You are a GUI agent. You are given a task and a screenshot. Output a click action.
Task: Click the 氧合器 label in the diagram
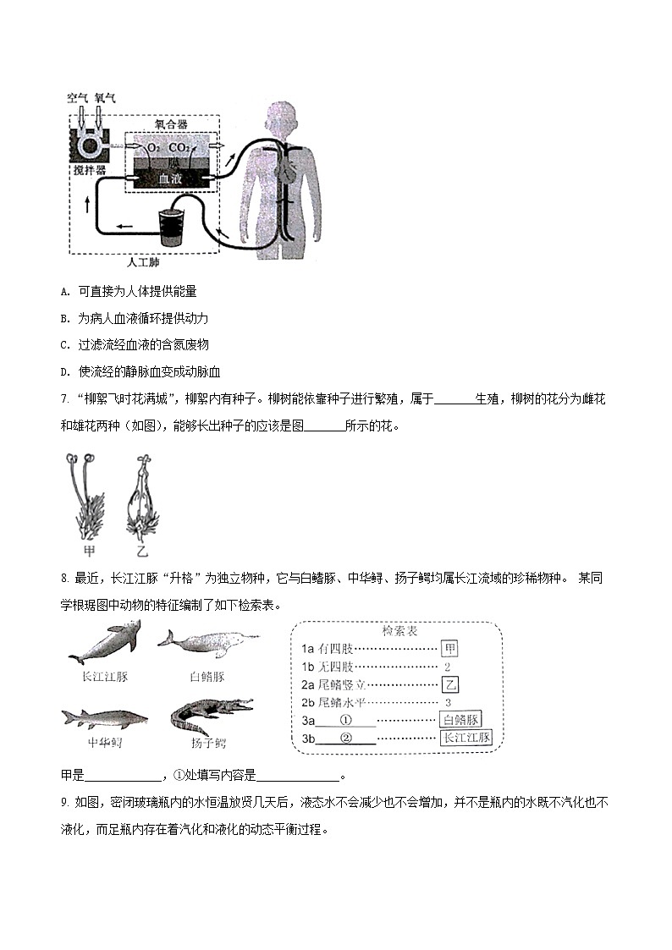click(x=172, y=124)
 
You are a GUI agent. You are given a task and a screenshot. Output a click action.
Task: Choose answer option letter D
click(x=64, y=371)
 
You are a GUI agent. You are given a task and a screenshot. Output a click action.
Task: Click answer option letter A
click(x=64, y=291)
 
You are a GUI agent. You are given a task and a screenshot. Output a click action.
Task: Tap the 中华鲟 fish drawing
click(x=104, y=719)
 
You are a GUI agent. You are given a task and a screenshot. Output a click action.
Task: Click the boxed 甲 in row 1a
click(x=450, y=649)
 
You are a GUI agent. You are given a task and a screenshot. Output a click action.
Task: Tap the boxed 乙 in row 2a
click(x=451, y=684)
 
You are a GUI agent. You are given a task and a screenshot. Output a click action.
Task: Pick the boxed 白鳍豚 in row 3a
click(x=461, y=720)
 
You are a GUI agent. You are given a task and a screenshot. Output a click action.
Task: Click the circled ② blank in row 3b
click(x=345, y=738)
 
